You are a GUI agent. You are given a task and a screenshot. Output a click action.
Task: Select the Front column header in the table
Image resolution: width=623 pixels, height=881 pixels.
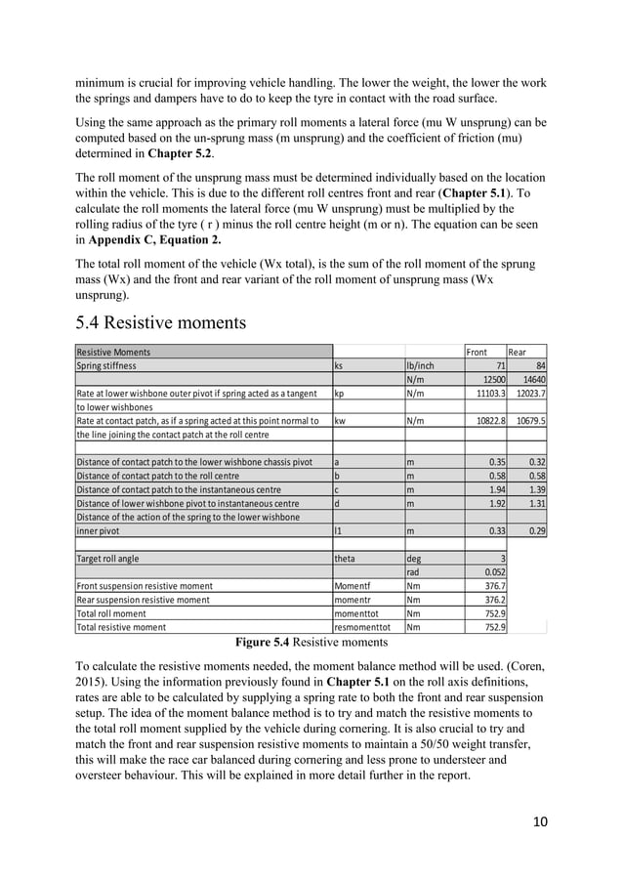(x=476, y=352)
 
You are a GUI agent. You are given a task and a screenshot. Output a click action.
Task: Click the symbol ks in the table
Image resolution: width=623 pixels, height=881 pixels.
(x=339, y=365)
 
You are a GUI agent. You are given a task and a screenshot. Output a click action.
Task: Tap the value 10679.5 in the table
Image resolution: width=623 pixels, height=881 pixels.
(x=528, y=421)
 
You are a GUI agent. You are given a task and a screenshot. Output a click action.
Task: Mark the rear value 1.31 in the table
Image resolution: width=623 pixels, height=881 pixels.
(x=534, y=503)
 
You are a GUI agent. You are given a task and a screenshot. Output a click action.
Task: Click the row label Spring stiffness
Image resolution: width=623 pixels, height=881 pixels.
(x=107, y=365)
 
